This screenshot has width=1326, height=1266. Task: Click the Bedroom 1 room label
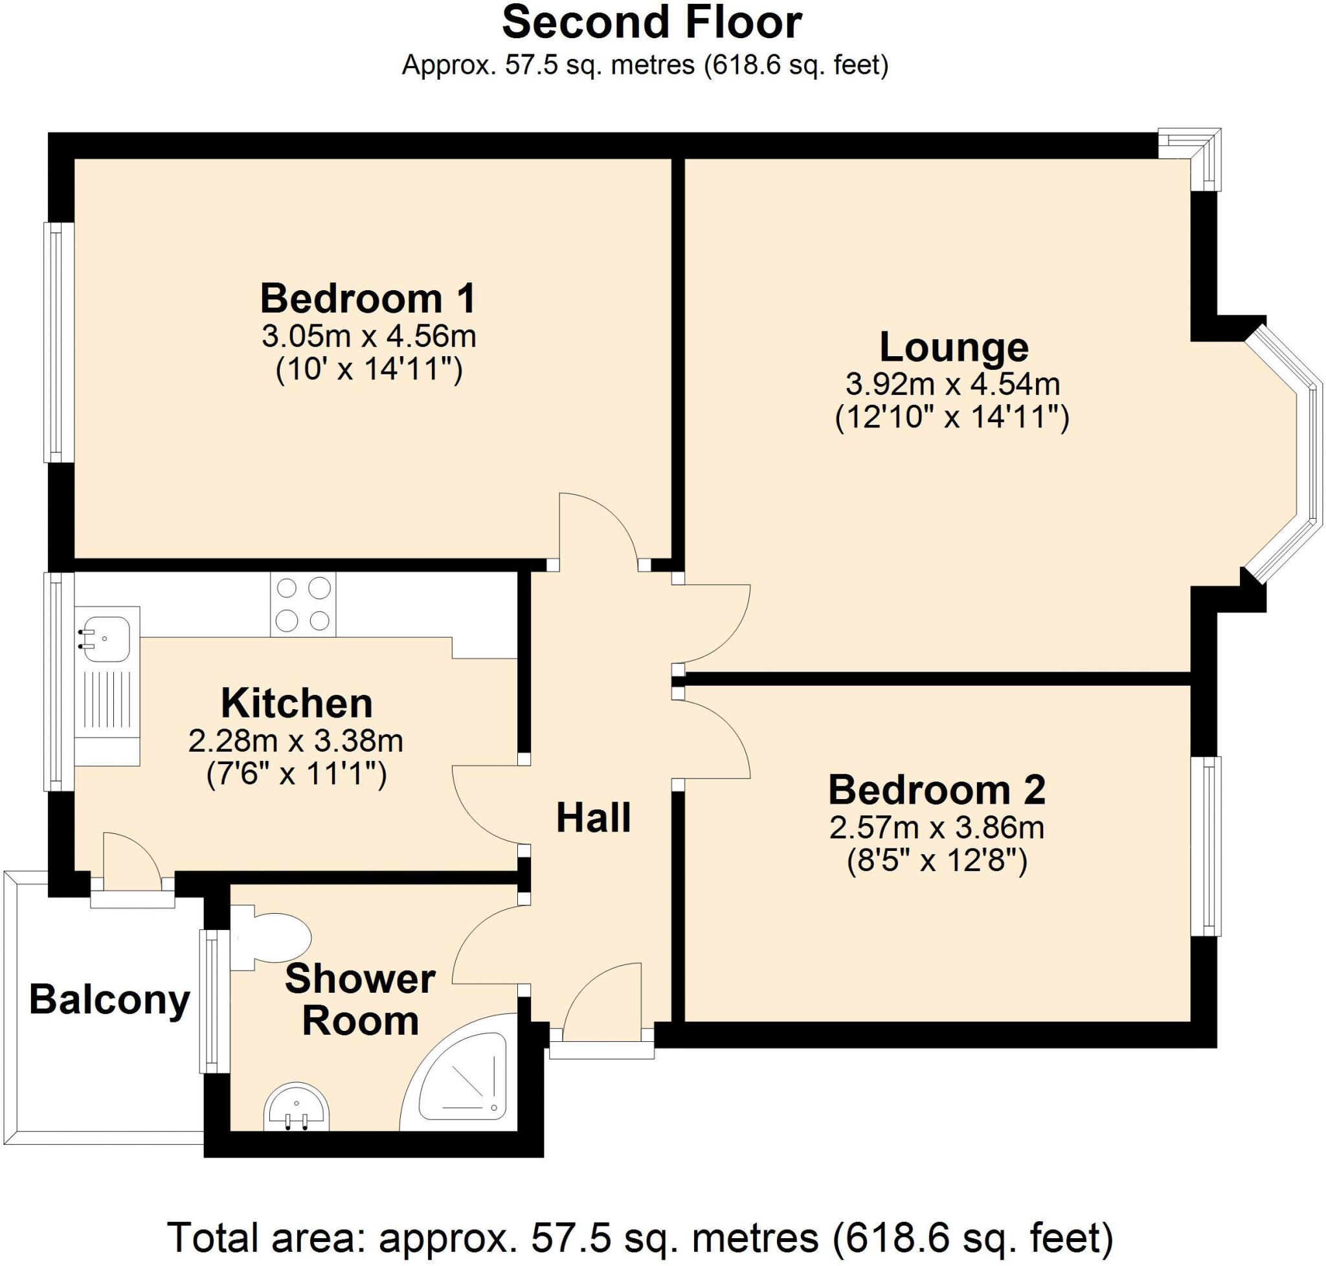pos(368,299)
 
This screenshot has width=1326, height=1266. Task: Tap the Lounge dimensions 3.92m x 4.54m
pos(952,384)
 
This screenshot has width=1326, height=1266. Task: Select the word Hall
pos(593,818)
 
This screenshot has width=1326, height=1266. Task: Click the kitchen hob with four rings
pos(303,604)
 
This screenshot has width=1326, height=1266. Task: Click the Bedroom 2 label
pos(936,789)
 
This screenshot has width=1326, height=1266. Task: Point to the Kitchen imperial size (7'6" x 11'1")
pos(297,774)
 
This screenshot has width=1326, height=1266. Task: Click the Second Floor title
pos(651,22)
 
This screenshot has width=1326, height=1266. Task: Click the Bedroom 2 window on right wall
pos(1205,846)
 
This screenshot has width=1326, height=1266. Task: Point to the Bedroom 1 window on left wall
pos(59,342)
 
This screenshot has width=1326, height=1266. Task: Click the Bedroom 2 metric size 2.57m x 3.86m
pos(936,828)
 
